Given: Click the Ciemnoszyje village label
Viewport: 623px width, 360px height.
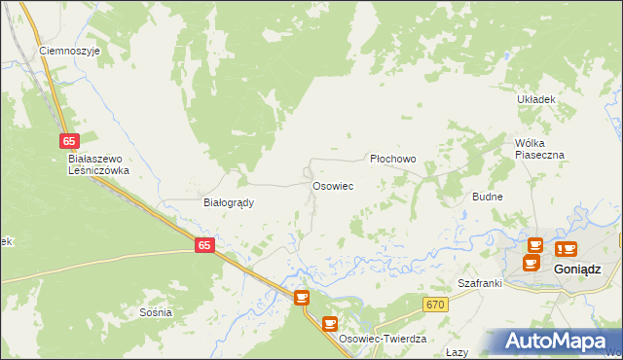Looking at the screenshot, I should [69, 51].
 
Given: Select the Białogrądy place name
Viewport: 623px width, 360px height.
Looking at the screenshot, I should [228, 203].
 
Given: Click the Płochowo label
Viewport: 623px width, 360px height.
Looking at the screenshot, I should [393, 159].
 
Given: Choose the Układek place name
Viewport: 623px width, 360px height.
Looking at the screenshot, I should [535, 99].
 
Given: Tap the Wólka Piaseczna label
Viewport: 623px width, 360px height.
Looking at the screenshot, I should [539, 148].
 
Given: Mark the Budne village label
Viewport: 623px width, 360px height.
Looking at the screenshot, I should [487, 197].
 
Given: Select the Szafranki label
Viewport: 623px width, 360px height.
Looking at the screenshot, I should [479, 283].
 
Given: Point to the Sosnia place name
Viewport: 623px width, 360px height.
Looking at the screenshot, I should [156, 312].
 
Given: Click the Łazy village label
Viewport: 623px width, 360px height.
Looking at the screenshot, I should [457, 352].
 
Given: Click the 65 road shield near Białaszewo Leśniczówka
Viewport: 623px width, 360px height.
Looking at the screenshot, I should [68, 142].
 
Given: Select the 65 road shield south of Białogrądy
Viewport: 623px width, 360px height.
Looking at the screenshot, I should [203, 246].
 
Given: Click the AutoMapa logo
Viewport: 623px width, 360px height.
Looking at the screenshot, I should [555, 341].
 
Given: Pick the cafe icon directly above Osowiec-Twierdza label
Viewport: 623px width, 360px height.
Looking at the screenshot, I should [330, 323].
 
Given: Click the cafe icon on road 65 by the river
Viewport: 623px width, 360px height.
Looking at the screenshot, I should [302, 297].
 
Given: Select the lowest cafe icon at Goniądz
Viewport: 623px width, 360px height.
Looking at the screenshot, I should [531, 262].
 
